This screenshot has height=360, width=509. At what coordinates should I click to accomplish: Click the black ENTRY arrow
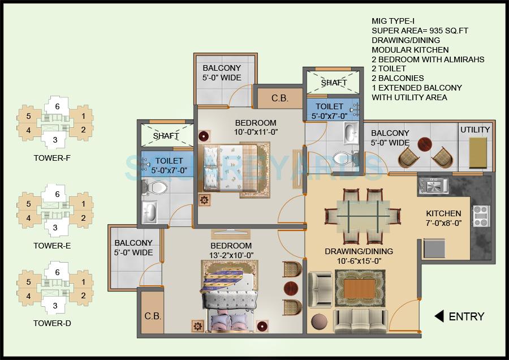click(438, 316)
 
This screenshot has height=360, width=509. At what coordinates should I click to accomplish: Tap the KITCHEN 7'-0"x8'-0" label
click(443, 218)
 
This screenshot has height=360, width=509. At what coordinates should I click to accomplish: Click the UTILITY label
click(475, 130)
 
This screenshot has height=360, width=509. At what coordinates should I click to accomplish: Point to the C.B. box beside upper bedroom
click(279, 97)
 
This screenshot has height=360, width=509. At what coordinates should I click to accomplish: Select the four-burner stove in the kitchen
click(480, 216)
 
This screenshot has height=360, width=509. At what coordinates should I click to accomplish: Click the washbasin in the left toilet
click(150, 213)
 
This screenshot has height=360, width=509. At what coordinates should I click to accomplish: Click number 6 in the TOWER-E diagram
click(57, 194)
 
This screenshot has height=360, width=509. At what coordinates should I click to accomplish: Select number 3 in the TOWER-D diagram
click(55, 306)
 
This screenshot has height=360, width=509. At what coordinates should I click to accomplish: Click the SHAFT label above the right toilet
click(334, 83)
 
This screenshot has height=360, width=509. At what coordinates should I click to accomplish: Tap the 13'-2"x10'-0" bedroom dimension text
click(231, 255)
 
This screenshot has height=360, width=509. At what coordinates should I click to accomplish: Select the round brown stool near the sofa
click(319, 320)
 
